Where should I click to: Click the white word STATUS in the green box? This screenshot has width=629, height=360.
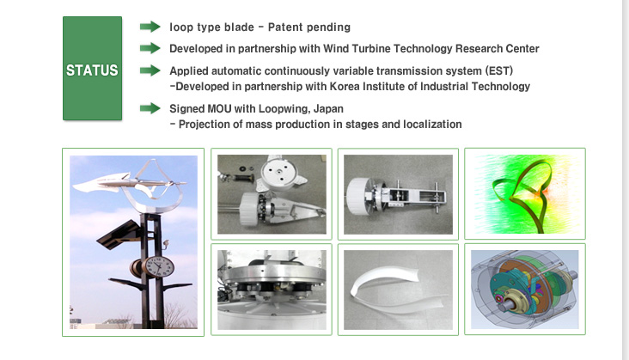[92, 70]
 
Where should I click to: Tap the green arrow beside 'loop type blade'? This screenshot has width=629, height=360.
[150, 27]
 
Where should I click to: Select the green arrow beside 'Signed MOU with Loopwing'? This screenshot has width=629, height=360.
[150, 108]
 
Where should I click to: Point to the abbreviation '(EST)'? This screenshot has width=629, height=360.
[499, 71]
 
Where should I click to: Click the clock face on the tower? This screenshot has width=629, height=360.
[159, 267]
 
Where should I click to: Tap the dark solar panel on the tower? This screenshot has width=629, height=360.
[119, 234]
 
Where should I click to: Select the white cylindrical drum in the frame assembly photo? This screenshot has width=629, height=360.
[360, 196]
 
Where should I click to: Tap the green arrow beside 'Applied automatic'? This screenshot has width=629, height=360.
[150, 70]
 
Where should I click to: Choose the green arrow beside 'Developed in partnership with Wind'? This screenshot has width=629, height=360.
[150, 48]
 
